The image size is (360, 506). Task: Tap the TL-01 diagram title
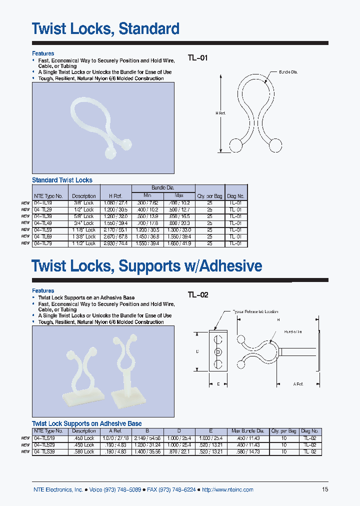[x=197, y=57]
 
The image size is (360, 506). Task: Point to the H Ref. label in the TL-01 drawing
[x=220, y=113]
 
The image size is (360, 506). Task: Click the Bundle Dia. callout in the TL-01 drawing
[x=288, y=72]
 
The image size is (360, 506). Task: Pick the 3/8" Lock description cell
[x=83, y=203]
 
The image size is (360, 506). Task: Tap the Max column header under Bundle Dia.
[x=179, y=195]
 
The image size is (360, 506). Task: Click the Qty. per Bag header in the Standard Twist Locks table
[x=210, y=196]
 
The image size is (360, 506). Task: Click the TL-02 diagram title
[x=198, y=295]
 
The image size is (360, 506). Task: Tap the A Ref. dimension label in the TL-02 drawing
[x=299, y=384]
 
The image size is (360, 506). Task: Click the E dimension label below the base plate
[x=218, y=384]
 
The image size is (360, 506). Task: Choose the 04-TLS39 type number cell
[x=47, y=451]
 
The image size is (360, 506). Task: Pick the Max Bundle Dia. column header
[x=248, y=431]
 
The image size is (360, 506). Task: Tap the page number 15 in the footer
[x=325, y=489]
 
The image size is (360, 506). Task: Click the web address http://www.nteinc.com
[x=227, y=489]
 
